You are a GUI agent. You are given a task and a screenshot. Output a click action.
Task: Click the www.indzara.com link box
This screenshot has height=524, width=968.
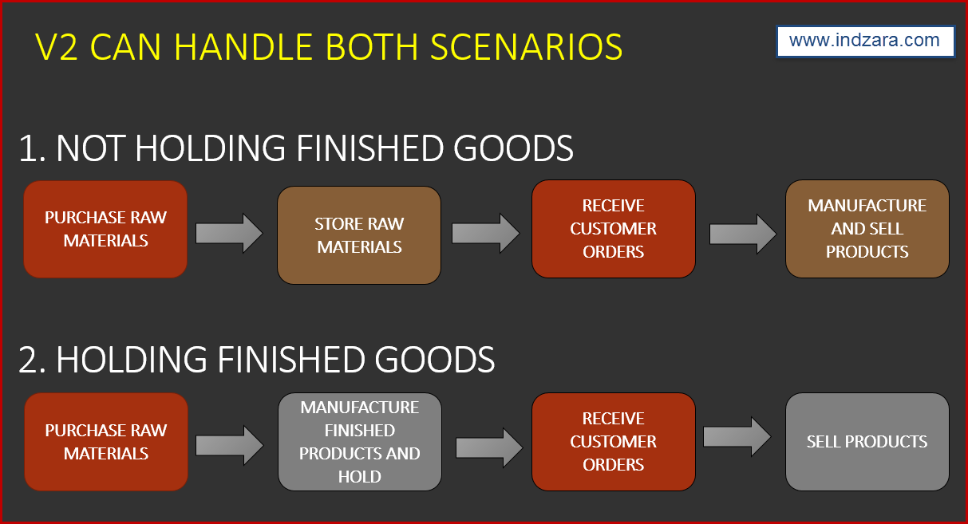[x=865, y=41]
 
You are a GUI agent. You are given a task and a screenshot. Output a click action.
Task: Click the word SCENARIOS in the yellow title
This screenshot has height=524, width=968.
[x=527, y=48]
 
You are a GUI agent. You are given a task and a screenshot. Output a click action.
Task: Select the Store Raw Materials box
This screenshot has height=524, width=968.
[x=359, y=235]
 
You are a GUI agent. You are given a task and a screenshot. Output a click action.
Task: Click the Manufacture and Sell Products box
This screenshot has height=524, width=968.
[x=867, y=229]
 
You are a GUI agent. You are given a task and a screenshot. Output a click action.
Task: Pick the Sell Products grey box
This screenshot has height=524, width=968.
[x=867, y=442]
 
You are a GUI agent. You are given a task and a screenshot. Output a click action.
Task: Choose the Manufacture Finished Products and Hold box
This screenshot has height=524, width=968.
[x=359, y=442]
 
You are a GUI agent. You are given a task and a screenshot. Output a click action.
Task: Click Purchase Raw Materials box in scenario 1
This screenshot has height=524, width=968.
[x=105, y=229]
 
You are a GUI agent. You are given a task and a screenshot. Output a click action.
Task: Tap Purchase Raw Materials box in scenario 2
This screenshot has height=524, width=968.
[x=105, y=442]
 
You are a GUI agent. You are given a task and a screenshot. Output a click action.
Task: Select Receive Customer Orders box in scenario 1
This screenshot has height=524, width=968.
[x=613, y=229]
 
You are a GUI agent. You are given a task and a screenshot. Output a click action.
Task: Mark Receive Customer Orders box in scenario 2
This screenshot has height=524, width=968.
[x=613, y=442]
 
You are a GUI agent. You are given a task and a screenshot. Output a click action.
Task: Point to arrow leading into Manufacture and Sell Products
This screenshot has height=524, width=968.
[x=742, y=233]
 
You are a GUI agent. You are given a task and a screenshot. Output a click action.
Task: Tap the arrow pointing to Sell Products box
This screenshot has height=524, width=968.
[x=737, y=436]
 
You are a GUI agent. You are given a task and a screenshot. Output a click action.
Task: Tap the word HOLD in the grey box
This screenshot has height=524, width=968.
[x=359, y=477]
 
